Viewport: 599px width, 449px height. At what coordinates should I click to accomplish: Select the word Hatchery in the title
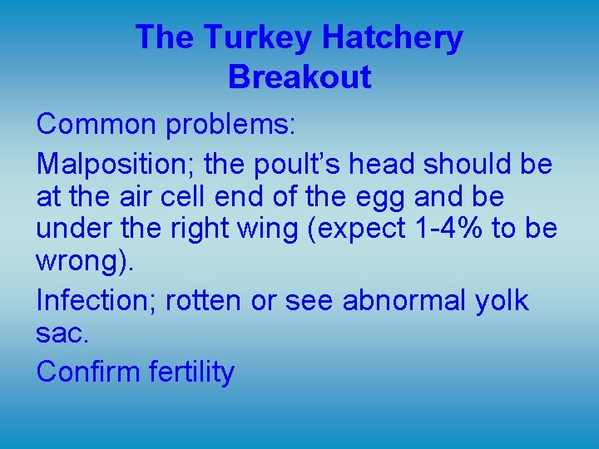click(392, 38)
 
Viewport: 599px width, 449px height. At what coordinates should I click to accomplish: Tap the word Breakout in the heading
click(299, 77)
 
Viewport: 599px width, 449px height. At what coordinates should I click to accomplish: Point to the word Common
click(97, 124)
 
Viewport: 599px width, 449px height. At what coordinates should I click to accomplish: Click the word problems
click(230, 124)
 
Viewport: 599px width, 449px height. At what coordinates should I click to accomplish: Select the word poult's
click(291, 165)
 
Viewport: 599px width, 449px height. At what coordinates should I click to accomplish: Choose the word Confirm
click(89, 372)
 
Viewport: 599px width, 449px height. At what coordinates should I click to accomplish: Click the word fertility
click(191, 372)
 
